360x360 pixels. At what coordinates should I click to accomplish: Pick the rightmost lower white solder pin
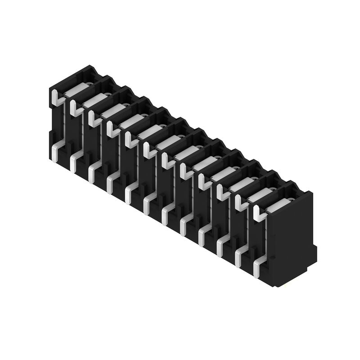(257, 265)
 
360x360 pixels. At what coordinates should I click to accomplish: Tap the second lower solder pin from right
(239, 255)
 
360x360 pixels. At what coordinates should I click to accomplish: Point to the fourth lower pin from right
(202, 234)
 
